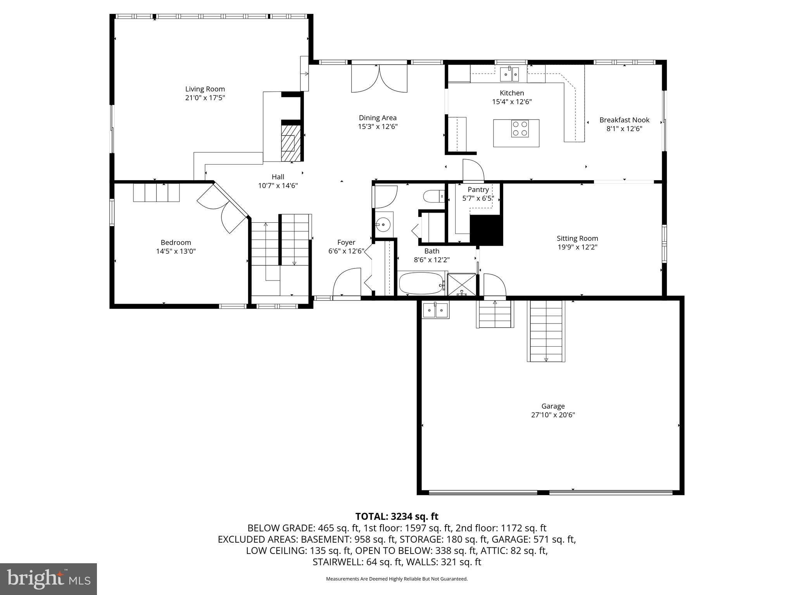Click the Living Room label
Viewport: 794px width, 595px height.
(x=205, y=89)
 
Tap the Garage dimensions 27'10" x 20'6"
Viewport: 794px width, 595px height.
(x=553, y=415)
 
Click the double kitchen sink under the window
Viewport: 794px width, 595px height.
(x=509, y=74)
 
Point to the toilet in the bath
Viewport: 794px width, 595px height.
(x=434, y=196)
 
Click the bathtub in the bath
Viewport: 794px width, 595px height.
(x=422, y=284)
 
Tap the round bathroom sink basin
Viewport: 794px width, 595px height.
(x=383, y=224)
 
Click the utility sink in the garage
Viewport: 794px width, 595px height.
(x=435, y=310)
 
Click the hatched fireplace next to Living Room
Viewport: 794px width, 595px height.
(x=290, y=142)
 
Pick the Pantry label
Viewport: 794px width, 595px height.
(x=478, y=190)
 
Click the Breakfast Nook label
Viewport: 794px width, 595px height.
(x=624, y=120)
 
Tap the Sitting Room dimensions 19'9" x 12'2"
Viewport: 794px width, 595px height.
(x=577, y=247)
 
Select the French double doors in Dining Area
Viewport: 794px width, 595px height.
(x=379, y=79)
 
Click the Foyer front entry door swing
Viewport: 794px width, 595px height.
(x=347, y=284)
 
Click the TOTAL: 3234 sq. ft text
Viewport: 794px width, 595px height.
(x=397, y=516)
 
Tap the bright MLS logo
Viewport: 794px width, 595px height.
(x=48, y=579)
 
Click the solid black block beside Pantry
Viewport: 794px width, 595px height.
(x=486, y=230)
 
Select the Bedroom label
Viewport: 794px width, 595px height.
(x=176, y=242)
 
